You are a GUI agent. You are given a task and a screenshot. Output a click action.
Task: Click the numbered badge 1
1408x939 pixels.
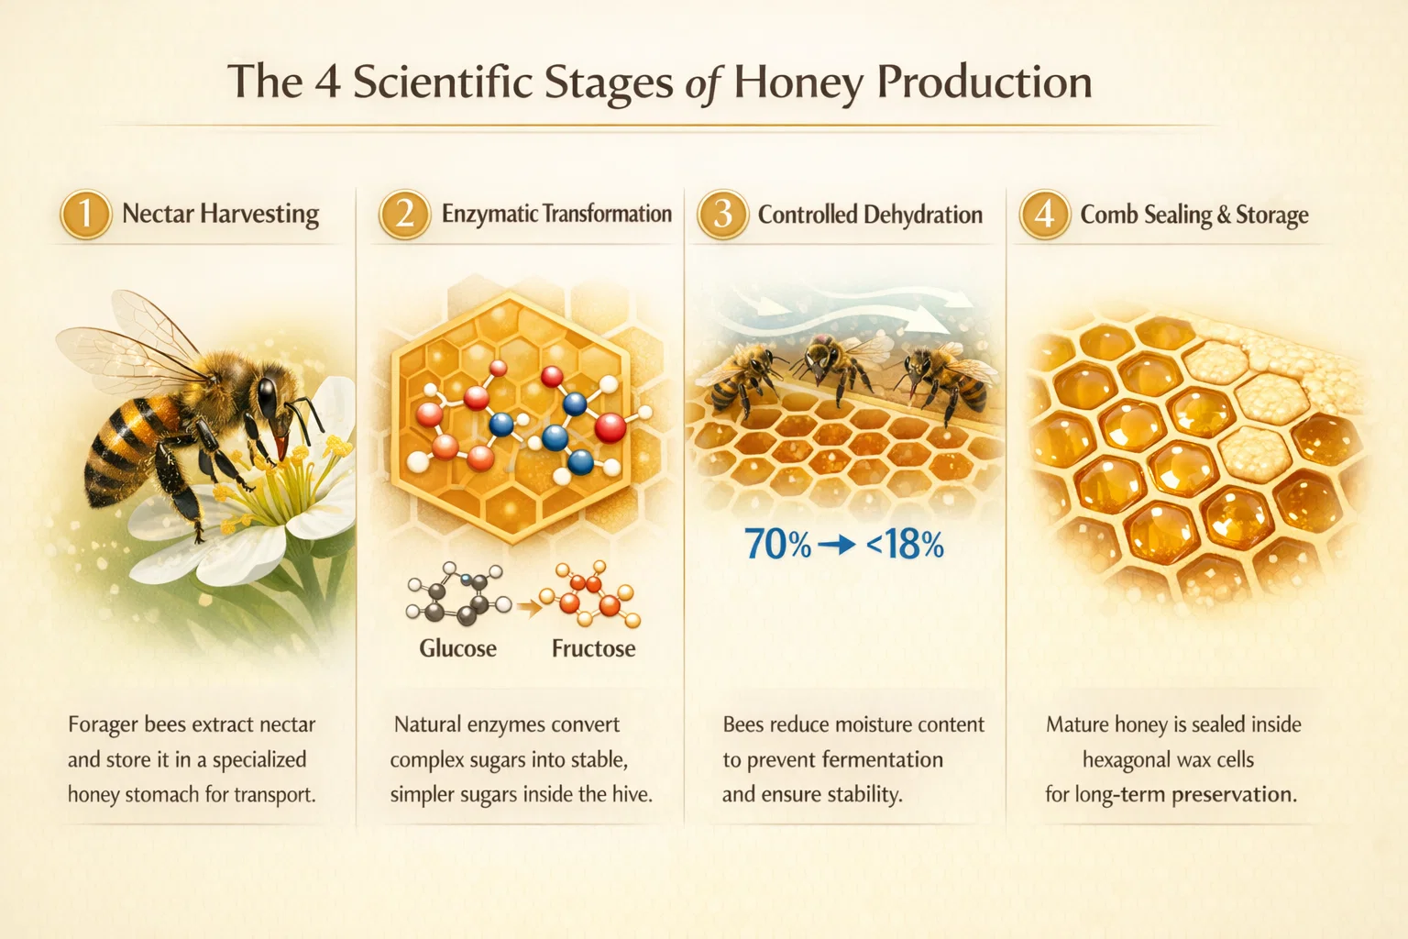coord(86,214)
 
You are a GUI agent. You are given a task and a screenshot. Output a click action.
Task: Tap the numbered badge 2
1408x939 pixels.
coord(405,214)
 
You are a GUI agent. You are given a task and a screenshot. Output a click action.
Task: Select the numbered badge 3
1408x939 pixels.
coord(723,214)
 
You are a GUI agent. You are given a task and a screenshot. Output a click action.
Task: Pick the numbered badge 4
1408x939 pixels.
coord(1045,214)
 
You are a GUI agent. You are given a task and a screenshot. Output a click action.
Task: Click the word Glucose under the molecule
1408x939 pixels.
coord(457,648)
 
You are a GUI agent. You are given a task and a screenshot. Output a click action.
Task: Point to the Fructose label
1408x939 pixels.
coord(593,648)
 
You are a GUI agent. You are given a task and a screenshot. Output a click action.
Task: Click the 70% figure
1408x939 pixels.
coord(777,544)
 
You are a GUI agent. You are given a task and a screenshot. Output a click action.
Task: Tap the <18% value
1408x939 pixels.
coord(905,545)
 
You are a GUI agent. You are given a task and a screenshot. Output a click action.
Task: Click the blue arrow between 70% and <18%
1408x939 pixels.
coord(837,545)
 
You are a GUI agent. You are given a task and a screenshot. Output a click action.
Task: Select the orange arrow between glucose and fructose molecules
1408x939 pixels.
coord(529,608)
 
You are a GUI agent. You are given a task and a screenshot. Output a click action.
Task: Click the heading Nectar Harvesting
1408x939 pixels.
coord(221,214)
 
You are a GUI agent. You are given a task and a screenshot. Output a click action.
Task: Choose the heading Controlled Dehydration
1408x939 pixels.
coord(870,215)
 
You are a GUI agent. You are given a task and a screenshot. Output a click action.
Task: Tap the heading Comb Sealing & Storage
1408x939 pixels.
coord(1194,215)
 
